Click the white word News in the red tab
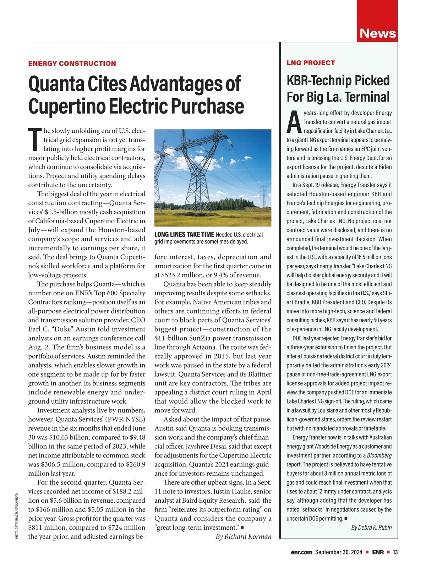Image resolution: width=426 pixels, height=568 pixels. (x=377, y=33)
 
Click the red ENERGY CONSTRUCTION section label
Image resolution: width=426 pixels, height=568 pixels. (x=72, y=64)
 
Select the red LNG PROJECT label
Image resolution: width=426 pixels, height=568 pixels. (x=311, y=63)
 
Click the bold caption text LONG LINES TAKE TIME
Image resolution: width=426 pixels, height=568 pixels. (x=184, y=235)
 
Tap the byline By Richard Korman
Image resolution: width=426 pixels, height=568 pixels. (x=243, y=536)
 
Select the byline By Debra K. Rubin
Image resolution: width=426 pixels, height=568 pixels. (x=371, y=527)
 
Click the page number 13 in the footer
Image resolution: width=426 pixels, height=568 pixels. (x=395, y=552)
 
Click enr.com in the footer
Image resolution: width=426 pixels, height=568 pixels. (x=301, y=552)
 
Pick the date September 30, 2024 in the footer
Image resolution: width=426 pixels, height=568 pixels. (x=339, y=552)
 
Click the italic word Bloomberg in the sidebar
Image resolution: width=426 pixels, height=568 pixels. (x=379, y=455)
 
